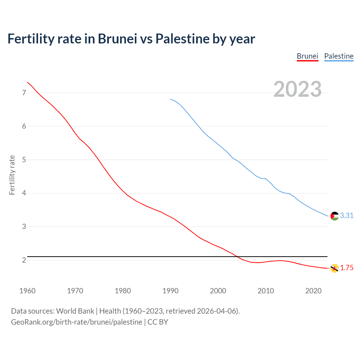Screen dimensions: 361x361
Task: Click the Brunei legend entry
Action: pyautogui.click(x=307, y=56)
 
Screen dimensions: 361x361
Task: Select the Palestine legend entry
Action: pyautogui.click(x=339, y=56)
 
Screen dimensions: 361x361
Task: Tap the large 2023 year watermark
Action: pyautogui.click(x=298, y=89)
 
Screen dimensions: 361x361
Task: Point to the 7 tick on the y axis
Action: pyautogui.click(x=24, y=93)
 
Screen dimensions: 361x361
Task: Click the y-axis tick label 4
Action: pyautogui.click(x=24, y=193)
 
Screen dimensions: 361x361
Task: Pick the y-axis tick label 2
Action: pyautogui.click(x=24, y=260)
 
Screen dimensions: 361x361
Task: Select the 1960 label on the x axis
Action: pyautogui.click(x=27, y=291)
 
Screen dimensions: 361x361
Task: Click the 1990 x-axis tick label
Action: pyautogui.click(x=170, y=291)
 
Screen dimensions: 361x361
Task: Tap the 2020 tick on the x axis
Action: pyautogui.click(x=313, y=291)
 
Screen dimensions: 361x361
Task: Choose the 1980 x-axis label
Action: pyautogui.click(x=123, y=291)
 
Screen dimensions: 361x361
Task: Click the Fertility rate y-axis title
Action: pyautogui.click(x=12, y=175)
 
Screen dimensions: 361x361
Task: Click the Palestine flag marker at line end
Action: pyautogui.click(x=334, y=216)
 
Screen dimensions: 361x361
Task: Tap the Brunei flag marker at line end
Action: pyautogui.click(x=334, y=268)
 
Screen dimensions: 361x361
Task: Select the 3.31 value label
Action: pyautogui.click(x=347, y=216)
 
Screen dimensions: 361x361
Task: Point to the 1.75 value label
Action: pyautogui.click(x=347, y=268)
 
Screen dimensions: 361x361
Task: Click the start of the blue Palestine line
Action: pyautogui.click(x=171, y=99)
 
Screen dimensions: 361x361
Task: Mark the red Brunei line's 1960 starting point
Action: pyautogui.click(x=27, y=82)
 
